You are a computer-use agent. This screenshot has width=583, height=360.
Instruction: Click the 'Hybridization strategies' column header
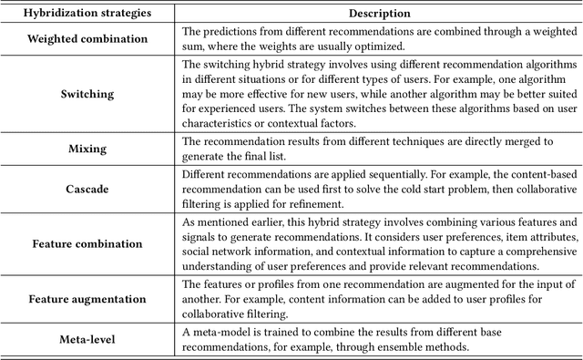coord(87,14)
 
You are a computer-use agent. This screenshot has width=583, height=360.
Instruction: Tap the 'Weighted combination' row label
coord(87,40)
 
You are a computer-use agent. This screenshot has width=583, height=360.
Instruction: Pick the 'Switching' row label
coord(87,94)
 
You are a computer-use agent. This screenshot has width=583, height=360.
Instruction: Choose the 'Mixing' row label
coord(87,149)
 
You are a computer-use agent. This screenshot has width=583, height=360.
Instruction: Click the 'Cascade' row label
coord(87,188)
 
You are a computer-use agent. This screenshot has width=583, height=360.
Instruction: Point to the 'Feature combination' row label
coord(87,243)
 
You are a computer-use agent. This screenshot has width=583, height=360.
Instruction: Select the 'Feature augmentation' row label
coord(87,298)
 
